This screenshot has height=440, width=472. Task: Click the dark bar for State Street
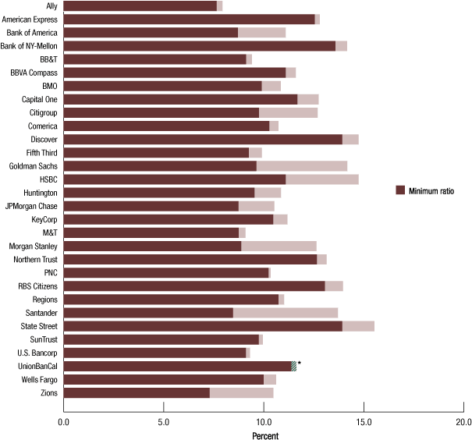(203, 325)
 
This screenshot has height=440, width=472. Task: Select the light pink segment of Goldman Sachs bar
(302, 165)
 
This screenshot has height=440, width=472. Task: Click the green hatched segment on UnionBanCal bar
(293, 366)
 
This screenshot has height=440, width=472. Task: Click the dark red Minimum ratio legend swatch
(400, 190)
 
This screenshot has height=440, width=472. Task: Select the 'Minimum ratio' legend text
(432, 190)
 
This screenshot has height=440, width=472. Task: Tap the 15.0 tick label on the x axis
(364, 424)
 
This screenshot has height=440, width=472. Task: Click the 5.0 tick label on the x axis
(163, 424)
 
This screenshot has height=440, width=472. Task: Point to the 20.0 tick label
(463, 424)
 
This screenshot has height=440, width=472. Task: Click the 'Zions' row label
(47, 393)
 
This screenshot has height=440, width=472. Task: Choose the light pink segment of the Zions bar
(241, 393)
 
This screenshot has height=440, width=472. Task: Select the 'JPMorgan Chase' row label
(31, 206)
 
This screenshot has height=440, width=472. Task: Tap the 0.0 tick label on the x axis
(63, 424)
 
